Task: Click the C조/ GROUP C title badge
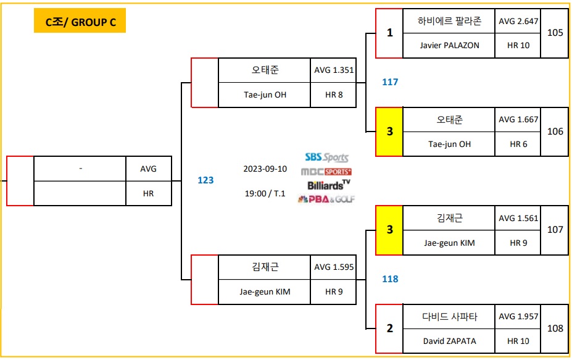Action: [80, 23]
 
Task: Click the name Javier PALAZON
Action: [449, 45]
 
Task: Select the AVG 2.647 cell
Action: [518, 21]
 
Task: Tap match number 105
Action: [555, 33]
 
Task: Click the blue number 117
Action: [390, 82]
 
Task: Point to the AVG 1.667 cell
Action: [518, 120]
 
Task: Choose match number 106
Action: [555, 132]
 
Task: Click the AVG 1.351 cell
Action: [334, 70]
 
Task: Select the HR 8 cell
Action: [334, 95]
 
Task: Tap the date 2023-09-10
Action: [265, 169]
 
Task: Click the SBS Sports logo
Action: [326, 158]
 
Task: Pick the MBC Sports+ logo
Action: [326, 172]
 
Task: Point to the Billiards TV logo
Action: [328, 185]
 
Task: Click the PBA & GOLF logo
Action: [326, 199]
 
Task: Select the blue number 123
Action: [205, 180]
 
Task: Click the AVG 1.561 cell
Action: [518, 219]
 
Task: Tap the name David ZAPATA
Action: [449, 341]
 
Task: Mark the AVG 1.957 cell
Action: [518, 317]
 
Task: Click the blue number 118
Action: [390, 279]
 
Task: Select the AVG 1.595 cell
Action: [334, 267]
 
